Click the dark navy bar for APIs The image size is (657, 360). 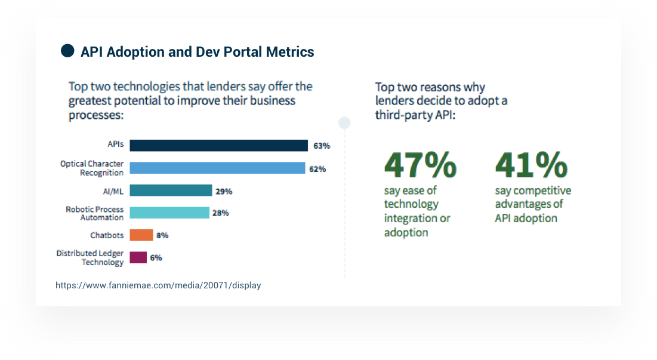click(218, 146)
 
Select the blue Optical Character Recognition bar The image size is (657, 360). click(217, 168)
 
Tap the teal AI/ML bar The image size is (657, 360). click(171, 190)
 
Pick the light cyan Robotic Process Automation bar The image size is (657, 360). click(169, 213)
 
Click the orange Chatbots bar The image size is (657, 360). click(141, 235)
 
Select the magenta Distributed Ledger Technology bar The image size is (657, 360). click(138, 258)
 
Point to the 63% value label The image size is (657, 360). click(321, 146)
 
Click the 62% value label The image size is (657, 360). click(317, 169)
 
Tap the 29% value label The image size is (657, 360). click(224, 191)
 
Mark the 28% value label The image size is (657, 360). click(221, 213)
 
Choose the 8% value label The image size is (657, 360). click(162, 235)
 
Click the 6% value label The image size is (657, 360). click(156, 258)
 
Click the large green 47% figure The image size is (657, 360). click(420, 165)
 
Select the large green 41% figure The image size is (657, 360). click(531, 165)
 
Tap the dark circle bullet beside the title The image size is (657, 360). click(67, 51)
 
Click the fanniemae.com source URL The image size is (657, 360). click(158, 285)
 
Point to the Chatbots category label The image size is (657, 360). click(107, 235)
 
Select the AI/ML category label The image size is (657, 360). click(113, 191)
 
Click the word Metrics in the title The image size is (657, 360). click(290, 52)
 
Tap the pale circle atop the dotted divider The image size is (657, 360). click(344, 123)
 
